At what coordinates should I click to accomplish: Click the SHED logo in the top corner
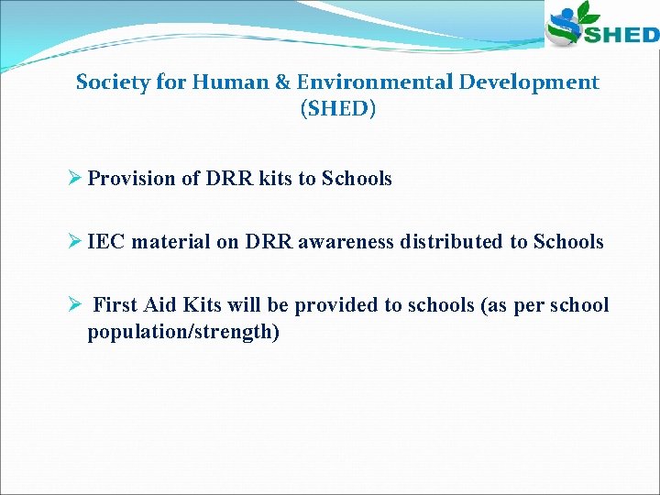pyautogui.click(x=601, y=26)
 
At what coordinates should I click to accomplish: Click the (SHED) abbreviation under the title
pyautogui.click(x=337, y=109)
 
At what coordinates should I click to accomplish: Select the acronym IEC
pyautogui.click(x=107, y=242)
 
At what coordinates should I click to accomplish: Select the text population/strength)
pyautogui.click(x=183, y=332)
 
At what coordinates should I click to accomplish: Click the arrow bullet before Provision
pyautogui.click(x=77, y=179)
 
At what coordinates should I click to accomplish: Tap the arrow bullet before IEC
pyautogui.click(x=77, y=242)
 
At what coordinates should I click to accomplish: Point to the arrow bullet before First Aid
pyautogui.click(x=77, y=305)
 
